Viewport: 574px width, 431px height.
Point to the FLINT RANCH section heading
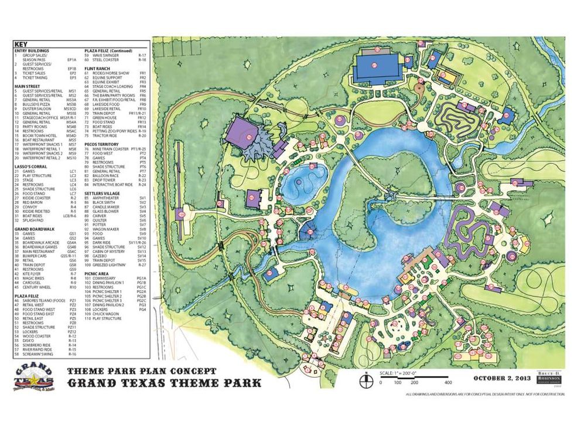(x=98, y=68)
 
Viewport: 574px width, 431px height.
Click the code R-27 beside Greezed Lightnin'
(x=142, y=265)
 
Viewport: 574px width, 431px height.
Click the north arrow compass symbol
(x=365, y=378)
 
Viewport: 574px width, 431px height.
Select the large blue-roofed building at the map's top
(x=378, y=66)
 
